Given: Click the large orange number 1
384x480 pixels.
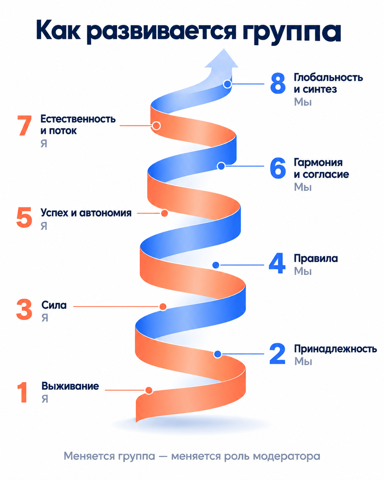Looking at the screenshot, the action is coord(23,392).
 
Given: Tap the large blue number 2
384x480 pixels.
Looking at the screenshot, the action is coord(278,354).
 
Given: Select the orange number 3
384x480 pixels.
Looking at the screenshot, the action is coord(24,310).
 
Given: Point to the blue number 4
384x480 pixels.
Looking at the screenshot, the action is coord(277,263).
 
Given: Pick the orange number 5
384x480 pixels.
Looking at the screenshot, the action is coord(24,218).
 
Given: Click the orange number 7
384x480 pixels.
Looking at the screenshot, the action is coord(25,126).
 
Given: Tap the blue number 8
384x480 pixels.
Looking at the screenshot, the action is coord(278,84).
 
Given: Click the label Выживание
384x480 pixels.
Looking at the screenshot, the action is coord(70,386).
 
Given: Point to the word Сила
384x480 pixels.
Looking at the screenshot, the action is coord(54,305).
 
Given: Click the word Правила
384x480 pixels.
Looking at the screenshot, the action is coord(316,258).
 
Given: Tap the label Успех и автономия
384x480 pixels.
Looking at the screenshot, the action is coord(86,213).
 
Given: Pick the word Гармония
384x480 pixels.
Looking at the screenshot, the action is coord(318,163).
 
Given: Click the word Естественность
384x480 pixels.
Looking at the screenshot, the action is coord(78,119).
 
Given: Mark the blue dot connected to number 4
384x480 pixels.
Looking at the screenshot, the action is coord(216,265).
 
